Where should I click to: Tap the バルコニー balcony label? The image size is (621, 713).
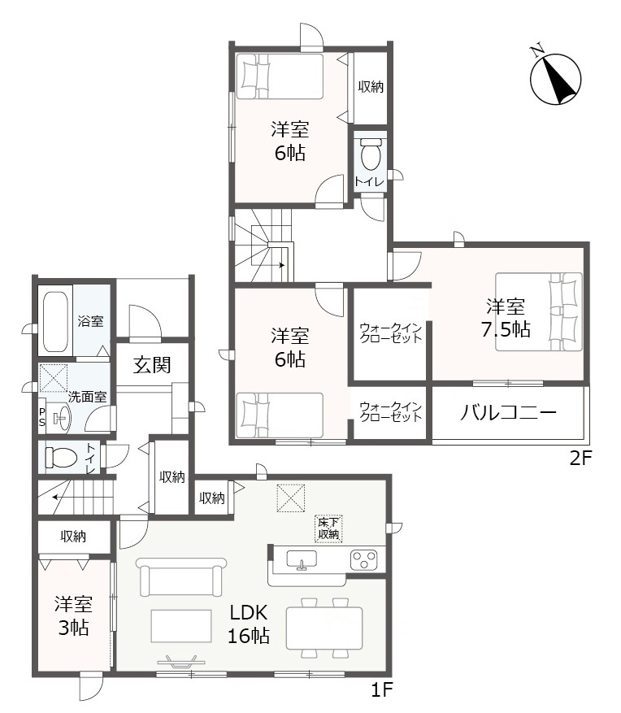tap(509, 412)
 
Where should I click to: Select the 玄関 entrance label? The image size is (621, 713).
tap(152, 365)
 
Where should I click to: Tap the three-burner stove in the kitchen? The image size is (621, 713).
tap(364, 559)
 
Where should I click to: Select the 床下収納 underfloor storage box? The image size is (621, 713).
tap(329, 528)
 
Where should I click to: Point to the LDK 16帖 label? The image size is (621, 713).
tap(249, 624)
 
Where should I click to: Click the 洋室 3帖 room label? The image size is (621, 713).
tap(73, 615)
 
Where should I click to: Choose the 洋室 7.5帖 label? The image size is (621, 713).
tap(509, 318)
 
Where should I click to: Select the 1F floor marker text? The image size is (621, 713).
tap(382, 691)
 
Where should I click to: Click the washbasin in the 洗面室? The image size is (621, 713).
tap(60, 419)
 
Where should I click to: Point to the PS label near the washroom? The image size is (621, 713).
tap(42, 417)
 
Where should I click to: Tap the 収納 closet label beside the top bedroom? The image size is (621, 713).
tap(370, 86)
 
